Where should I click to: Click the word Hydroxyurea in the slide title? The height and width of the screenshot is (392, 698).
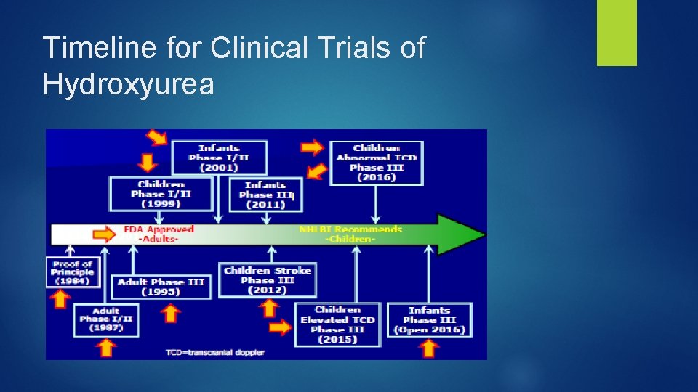click(129, 83)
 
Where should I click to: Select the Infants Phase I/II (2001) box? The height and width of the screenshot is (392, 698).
click(219, 158)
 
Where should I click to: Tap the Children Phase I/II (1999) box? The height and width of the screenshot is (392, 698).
click(161, 194)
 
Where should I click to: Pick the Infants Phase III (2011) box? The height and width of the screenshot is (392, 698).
click(265, 195)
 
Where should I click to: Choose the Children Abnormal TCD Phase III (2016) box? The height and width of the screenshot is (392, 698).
click(376, 163)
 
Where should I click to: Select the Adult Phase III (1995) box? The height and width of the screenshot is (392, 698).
click(161, 286)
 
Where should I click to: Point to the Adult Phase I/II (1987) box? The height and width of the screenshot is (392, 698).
click(106, 319)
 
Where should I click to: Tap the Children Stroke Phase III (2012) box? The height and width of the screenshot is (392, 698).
click(268, 280)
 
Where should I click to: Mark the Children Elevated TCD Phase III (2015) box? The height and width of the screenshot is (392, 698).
click(337, 324)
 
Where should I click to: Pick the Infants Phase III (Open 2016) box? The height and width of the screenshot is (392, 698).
click(429, 320)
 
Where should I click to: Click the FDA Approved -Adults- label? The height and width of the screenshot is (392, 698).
click(159, 234)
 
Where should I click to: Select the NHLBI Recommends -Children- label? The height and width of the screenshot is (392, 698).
click(350, 234)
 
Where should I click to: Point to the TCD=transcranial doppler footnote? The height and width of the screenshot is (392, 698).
click(214, 352)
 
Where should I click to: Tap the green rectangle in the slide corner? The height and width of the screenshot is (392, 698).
click(617, 32)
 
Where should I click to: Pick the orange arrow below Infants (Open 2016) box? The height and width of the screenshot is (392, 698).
click(429, 348)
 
